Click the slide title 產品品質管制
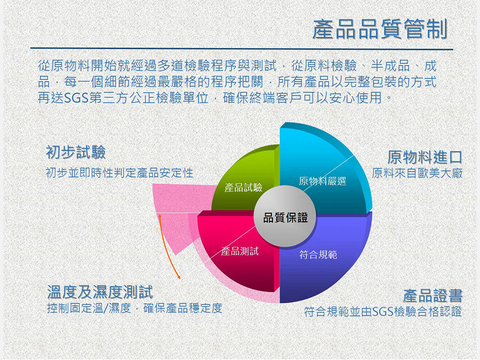(x=380, y=29)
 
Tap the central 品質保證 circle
(x=285, y=217)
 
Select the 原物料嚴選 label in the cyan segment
(x=322, y=181)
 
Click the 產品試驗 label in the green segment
(x=243, y=187)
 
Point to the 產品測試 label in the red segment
(x=240, y=251)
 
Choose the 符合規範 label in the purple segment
(x=318, y=254)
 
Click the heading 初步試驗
(x=76, y=152)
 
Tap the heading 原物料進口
(x=425, y=157)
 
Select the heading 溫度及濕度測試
(x=100, y=292)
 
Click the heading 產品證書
(x=432, y=295)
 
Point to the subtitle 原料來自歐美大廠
(x=417, y=173)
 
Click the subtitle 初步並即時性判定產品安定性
(x=119, y=173)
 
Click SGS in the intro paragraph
(x=76, y=98)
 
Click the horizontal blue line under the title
(x=242, y=49)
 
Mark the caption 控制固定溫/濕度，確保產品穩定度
(x=135, y=308)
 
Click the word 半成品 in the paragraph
(x=390, y=66)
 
